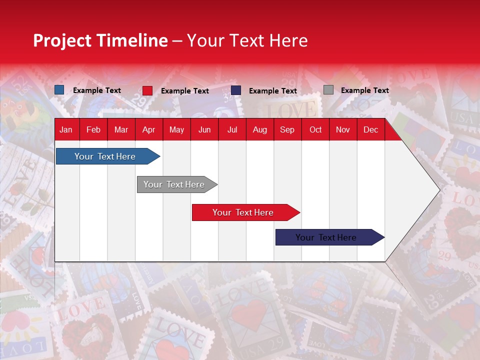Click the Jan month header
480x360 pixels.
(66, 129)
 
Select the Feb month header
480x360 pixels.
(93, 129)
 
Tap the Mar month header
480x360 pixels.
(121, 129)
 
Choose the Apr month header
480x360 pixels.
(148, 129)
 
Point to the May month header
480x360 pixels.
(176, 129)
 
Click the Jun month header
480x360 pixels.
(204, 129)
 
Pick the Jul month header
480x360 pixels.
(232, 129)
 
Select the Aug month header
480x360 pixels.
(259, 129)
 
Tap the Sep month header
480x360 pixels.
(287, 129)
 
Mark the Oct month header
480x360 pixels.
(315, 129)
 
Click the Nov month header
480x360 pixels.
(343, 129)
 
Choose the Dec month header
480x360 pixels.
(371, 129)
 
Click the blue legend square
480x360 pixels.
(59, 90)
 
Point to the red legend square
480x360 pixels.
(147, 90)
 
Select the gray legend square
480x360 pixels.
(328, 90)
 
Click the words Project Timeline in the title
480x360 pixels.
(100, 40)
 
